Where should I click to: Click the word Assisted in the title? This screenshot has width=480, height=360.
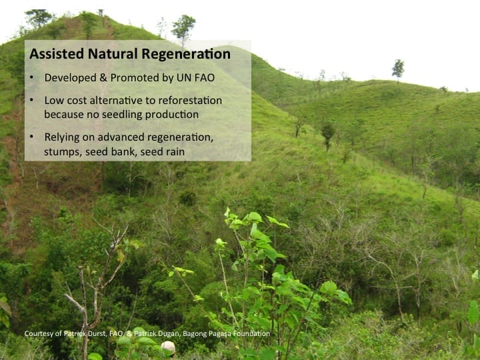coord(54,53)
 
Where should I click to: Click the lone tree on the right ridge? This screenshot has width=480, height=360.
coord(398,68)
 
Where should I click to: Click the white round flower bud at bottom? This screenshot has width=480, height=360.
coord(168,347)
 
